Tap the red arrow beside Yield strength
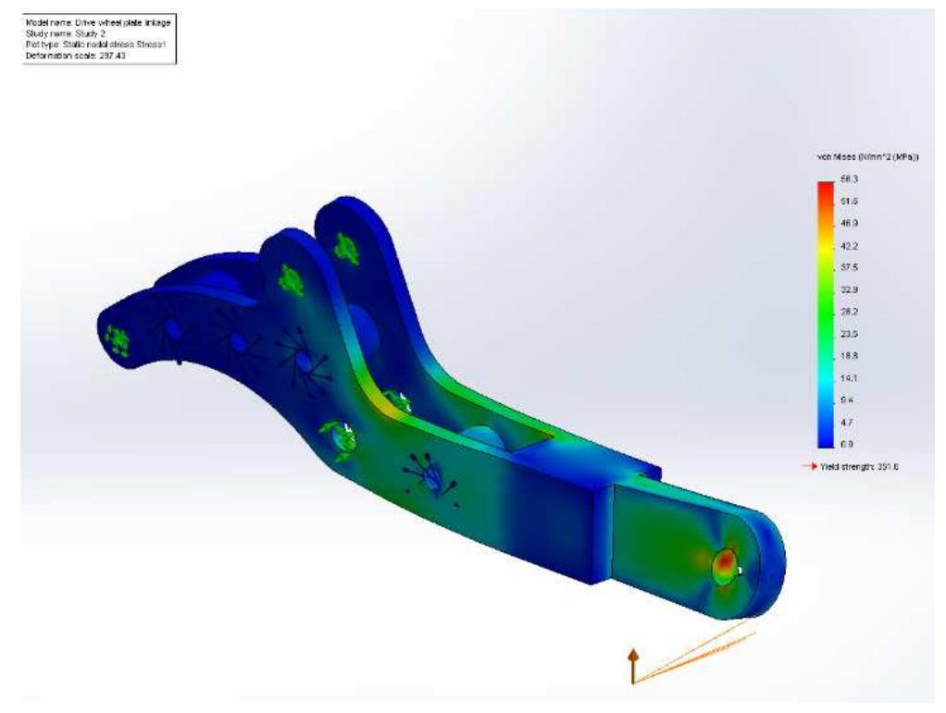809,467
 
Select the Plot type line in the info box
88,44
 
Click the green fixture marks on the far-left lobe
117,340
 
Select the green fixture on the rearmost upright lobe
347,247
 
